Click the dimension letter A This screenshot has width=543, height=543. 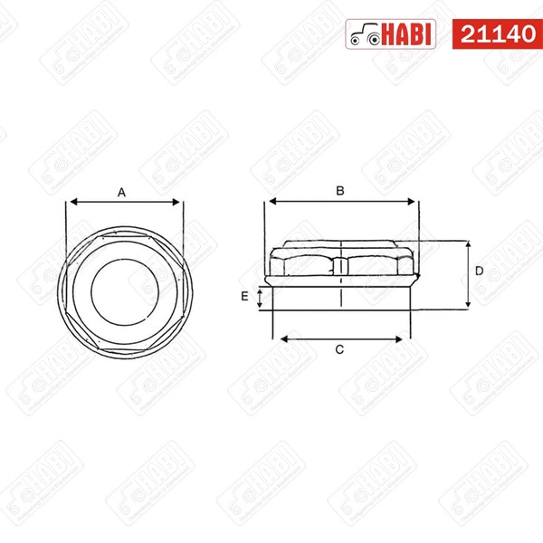121,192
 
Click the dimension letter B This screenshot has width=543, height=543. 340,191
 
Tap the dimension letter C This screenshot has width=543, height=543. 339,349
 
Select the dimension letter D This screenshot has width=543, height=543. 479,271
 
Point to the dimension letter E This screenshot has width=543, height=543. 244,297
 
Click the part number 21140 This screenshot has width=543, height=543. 498,34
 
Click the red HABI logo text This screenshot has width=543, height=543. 408,34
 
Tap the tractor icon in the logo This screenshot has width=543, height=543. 365,34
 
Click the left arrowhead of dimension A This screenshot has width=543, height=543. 73,202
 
